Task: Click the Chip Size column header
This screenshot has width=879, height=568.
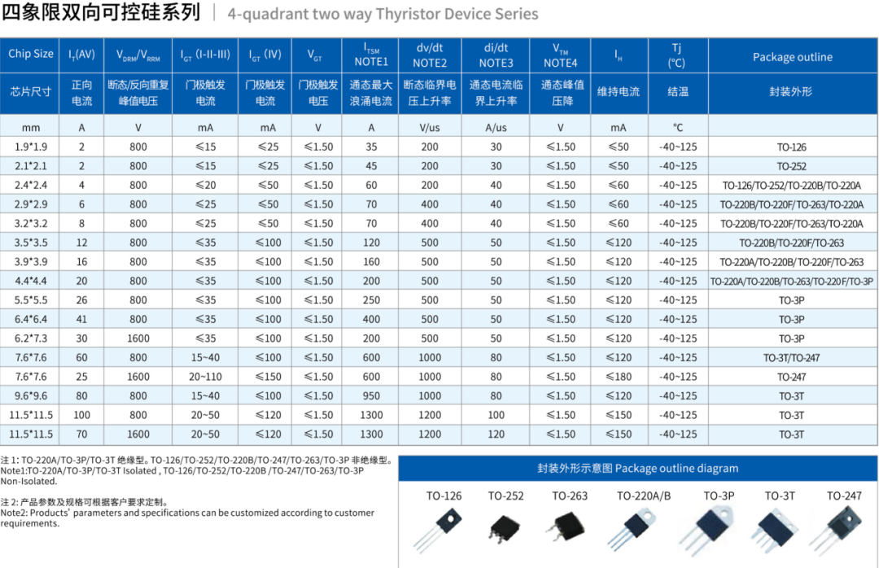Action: click(x=31, y=55)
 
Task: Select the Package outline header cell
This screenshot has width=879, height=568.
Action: click(x=792, y=57)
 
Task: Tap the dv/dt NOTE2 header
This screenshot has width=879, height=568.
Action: click(x=429, y=55)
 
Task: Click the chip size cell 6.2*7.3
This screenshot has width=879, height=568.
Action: click(x=31, y=339)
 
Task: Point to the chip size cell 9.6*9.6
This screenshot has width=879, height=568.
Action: click(x=31, y=396)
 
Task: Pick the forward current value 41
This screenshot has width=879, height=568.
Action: click(x=81, y=320)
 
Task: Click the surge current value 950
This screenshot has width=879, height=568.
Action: click(x=371, y=396)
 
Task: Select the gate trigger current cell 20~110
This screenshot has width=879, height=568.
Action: click(x=205, y=377)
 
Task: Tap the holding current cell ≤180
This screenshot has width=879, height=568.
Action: click(x=619, y=377)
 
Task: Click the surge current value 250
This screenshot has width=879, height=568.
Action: click(x=371, y=300)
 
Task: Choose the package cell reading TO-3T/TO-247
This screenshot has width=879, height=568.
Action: click(x=792, y=358)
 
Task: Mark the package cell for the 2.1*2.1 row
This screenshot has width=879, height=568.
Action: click(x=792, y=166)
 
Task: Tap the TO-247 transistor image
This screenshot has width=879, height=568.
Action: click(x=844, y=529)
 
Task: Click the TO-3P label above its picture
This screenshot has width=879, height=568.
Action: click(x=719, y=496)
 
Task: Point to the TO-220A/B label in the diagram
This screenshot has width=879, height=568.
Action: click(x=644, y=496)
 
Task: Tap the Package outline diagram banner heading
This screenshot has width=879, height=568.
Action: click(x=637, y=468)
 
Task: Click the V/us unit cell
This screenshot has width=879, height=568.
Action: click(x=429, y=128)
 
